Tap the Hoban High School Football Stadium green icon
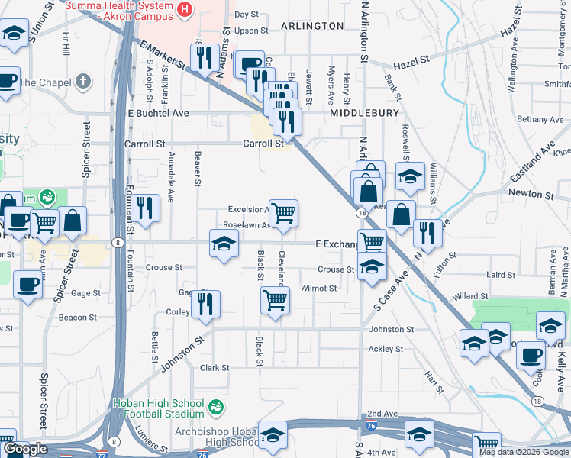click(x=218, y=405)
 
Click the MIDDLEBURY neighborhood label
click(x=365, y=113)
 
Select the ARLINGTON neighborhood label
click(x=312, y=26)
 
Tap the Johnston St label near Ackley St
click(x=391, y=330)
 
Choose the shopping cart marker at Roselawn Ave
click(x=283, y=213)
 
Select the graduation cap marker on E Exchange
click(x=224, y=243)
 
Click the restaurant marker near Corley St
click(x=204, y=303)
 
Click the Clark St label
click(x=215, y=368)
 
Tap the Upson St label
click(x=251, y=31)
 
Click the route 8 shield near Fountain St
click(x=117, y=243)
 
